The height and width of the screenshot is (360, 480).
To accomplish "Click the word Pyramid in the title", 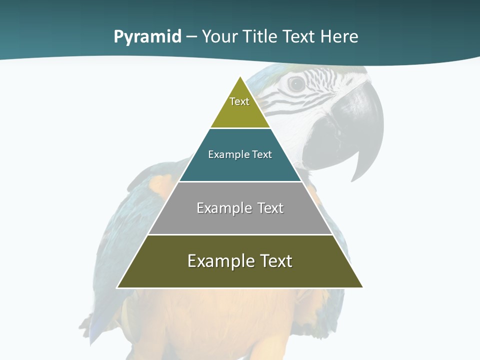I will tap(147, 37).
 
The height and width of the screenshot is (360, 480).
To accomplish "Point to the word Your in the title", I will tap(220, 37).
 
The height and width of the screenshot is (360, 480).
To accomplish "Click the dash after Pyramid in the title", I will tap(191, 37).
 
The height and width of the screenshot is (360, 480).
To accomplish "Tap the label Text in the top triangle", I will tap(239, 101).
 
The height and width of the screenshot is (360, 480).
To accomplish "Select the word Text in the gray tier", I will tap(270, 208).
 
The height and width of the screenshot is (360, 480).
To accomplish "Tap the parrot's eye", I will tap(296, 84).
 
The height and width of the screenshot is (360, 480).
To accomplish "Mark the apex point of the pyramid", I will tap(240, 76).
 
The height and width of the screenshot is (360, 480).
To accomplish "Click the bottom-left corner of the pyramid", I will tap(117, 287).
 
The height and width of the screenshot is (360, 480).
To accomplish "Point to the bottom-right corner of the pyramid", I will tap(363, 287).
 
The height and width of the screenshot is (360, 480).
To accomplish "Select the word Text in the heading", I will tap(299, 37).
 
